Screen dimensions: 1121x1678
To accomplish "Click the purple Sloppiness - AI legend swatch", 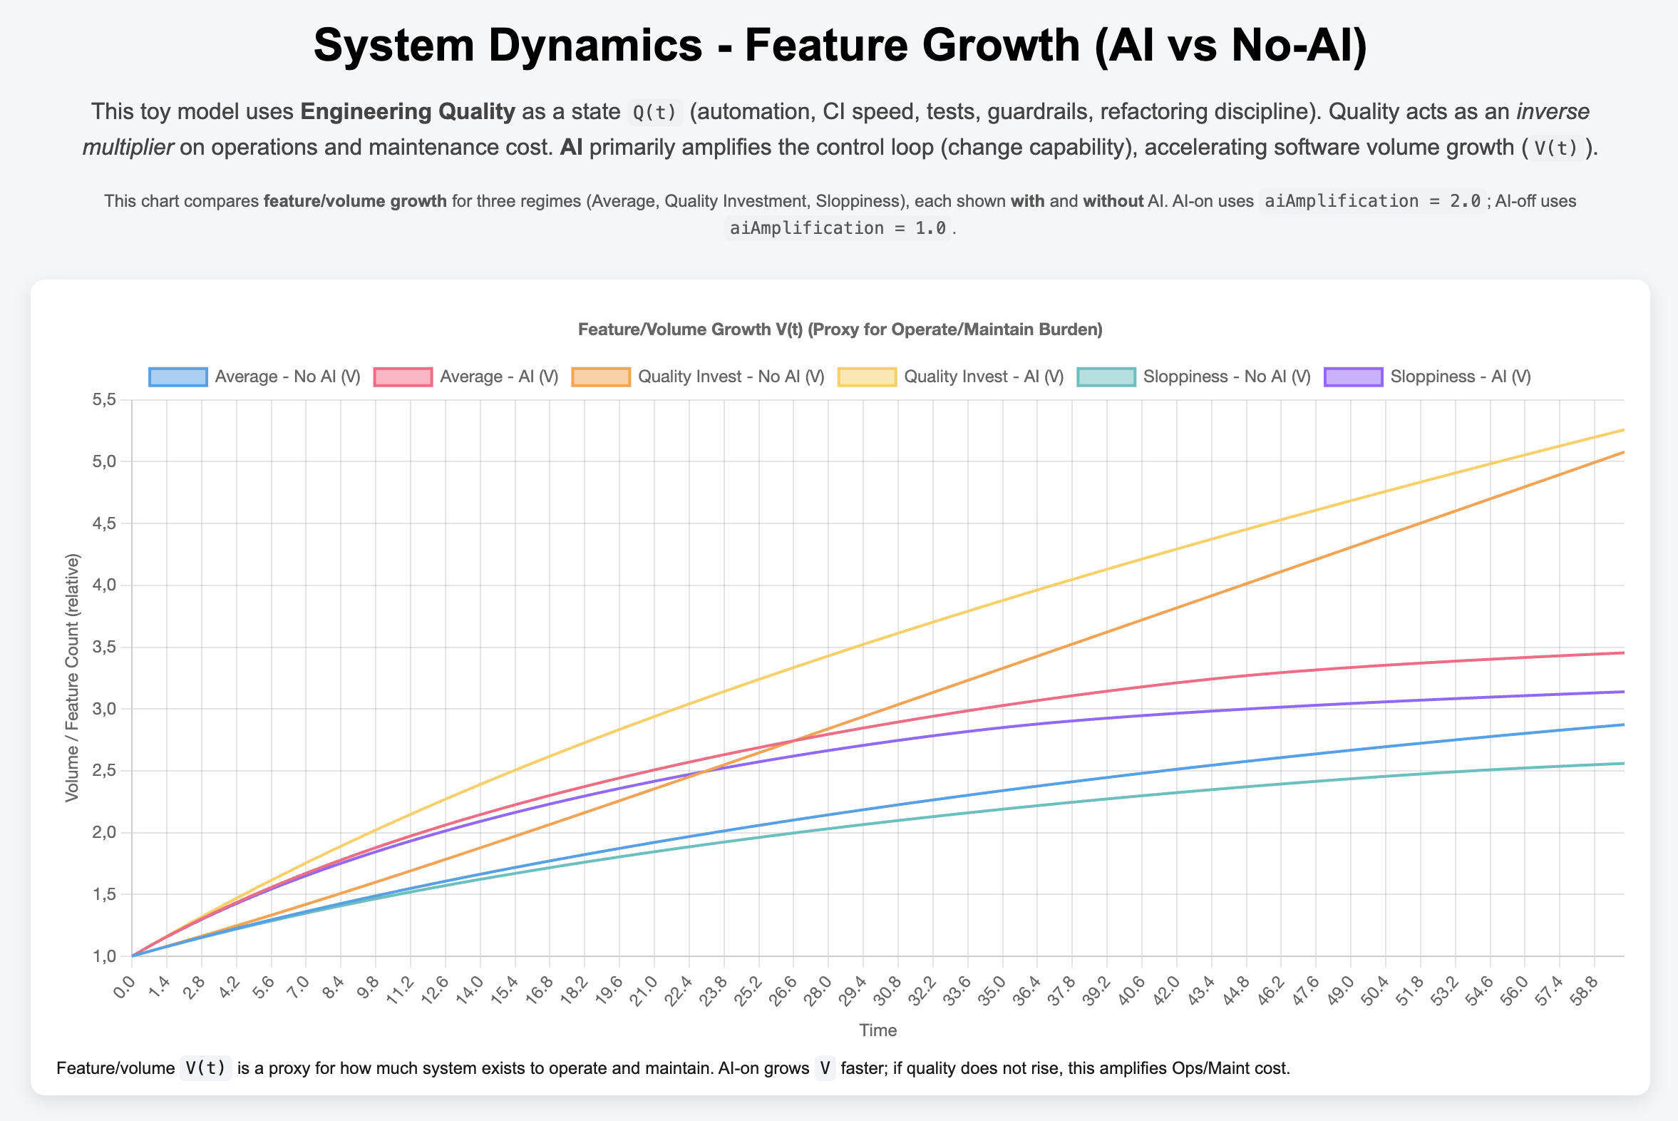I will pos(1354,377).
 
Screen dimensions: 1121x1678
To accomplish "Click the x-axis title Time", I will pos(877,1030).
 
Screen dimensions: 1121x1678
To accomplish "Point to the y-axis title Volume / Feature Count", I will pos(72,677).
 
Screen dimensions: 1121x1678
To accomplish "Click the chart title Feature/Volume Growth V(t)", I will pos(840,329).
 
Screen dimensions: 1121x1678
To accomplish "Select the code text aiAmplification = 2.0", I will pos(1372,201).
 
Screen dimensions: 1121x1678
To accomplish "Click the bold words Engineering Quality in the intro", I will pos(407,111).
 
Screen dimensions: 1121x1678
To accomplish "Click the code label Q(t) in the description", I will pos(654,112).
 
